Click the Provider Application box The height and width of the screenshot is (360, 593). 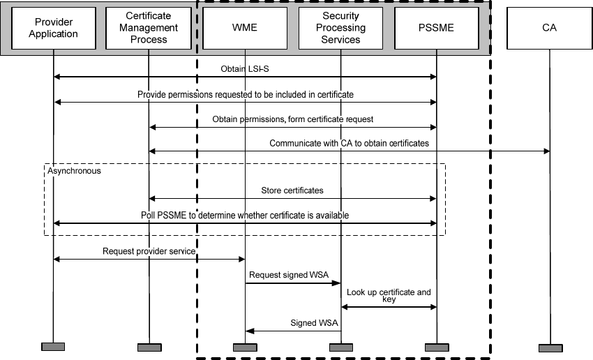click(54, 29)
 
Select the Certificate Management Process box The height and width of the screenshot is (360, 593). click(149, 29)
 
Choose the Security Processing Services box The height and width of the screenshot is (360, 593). click(340, 29)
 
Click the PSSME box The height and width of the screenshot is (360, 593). click(436, 29)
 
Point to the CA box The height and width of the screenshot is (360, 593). click(550, 29)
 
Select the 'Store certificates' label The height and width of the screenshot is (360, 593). click(292, 190)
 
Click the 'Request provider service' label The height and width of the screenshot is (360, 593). click(149, 250)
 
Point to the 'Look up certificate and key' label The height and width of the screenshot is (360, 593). click(389, 295)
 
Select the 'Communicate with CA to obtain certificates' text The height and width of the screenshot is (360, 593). click(349, 143)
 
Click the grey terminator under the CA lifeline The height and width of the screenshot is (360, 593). click(550, 347)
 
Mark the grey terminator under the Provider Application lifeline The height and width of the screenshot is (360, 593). click(53, 347)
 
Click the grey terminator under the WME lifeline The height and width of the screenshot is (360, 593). click(245, 347)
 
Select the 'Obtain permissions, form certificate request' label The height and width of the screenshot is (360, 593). click(292, 119)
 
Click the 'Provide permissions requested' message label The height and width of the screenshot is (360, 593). click(245, 94)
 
